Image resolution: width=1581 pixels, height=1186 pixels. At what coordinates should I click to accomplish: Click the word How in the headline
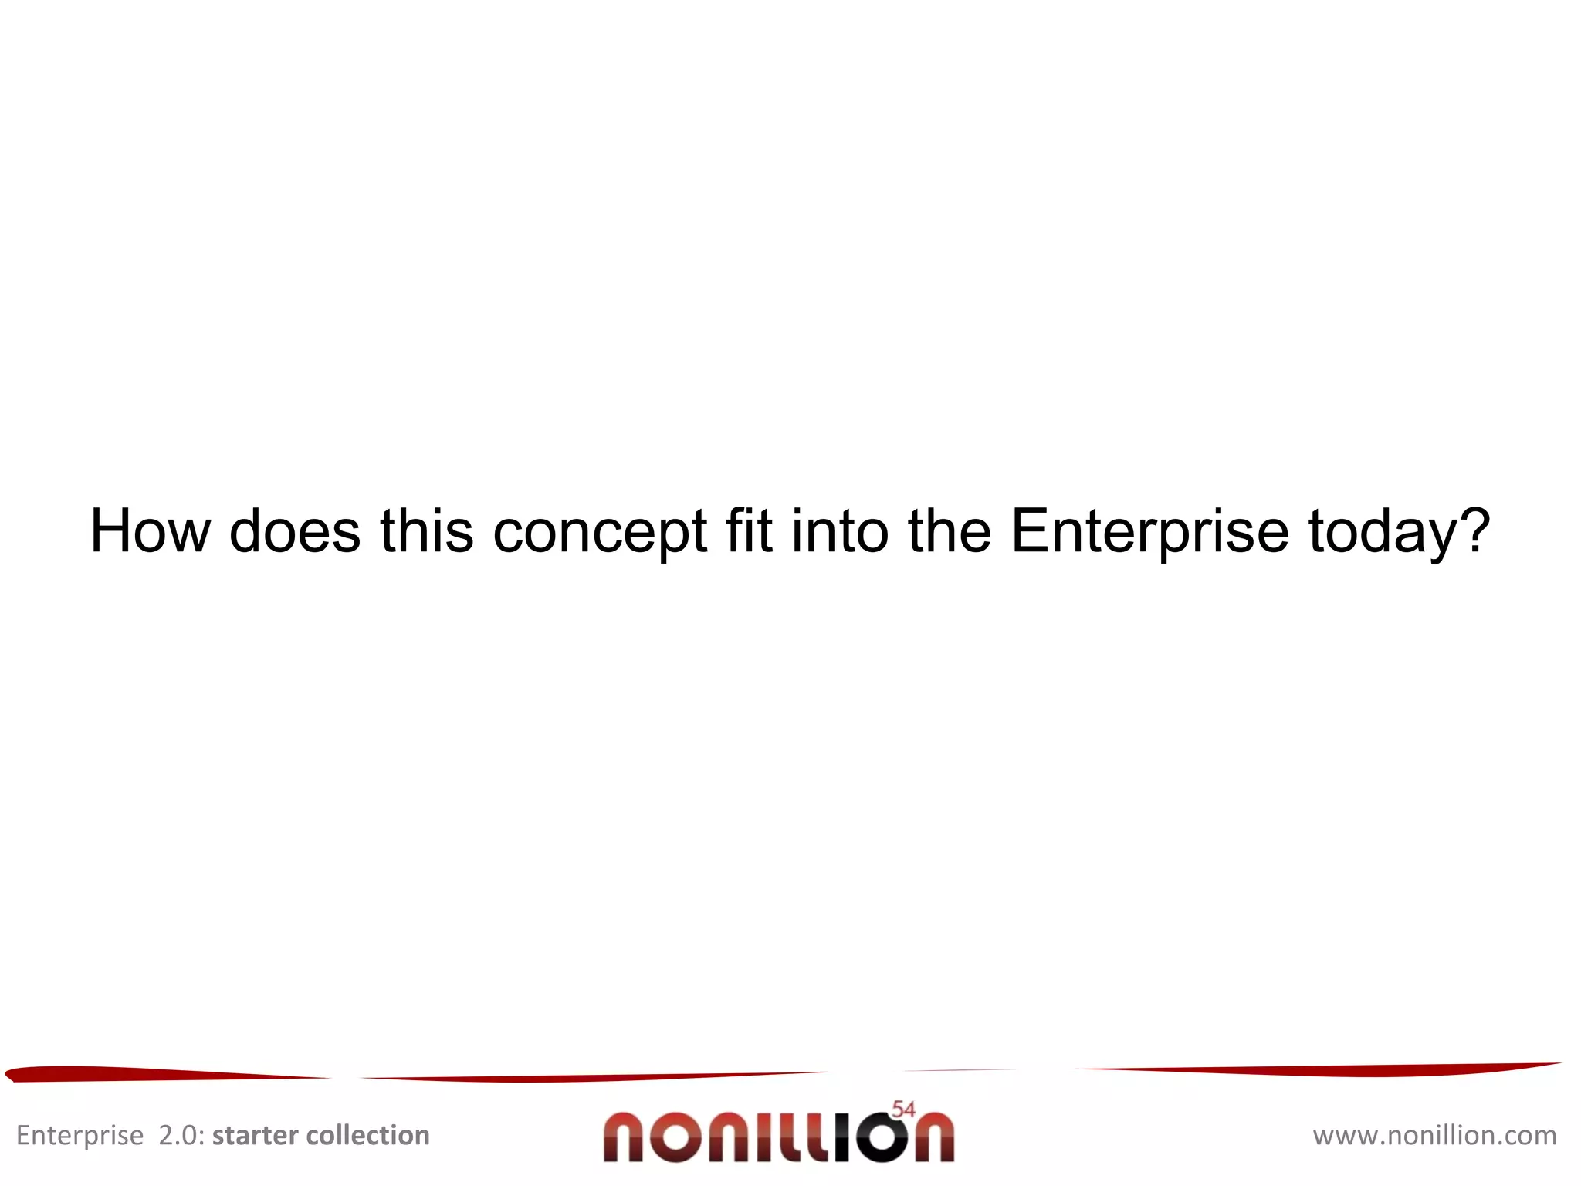pos(150,531)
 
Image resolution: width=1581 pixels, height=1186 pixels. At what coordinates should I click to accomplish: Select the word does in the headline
pos(295,531)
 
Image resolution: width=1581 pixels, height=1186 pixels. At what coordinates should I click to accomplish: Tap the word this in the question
pos(426,531)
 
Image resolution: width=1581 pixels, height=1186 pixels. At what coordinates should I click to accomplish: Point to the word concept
pos(600,533)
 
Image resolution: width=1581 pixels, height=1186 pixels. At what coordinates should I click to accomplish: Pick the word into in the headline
pos(840,531)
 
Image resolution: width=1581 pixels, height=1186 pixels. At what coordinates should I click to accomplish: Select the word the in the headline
pos(949,531)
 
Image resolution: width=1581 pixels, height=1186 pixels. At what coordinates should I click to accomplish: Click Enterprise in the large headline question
pos(1149,533)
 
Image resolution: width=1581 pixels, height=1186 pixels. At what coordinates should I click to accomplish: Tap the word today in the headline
pos(1381,533)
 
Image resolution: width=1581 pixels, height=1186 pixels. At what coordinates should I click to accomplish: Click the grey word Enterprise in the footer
pos(80,1136)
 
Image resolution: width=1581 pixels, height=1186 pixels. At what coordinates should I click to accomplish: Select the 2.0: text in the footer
pos(181,1135)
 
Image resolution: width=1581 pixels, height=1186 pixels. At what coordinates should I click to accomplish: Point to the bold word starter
pos(255,1135)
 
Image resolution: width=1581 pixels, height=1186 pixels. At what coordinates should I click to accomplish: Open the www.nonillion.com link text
pos(1434,1135)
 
